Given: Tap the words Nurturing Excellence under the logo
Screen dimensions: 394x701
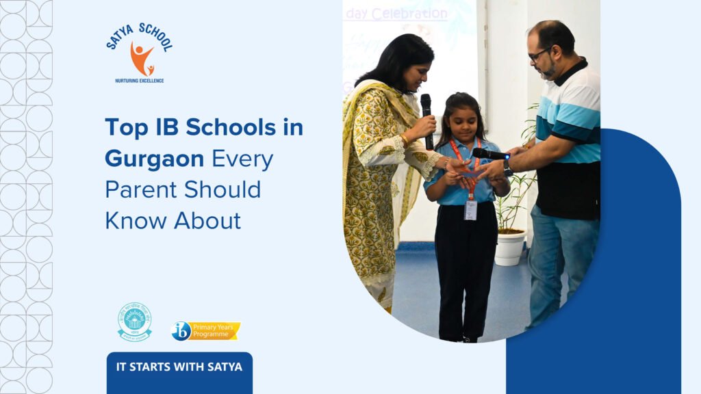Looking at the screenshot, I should click(140, 81).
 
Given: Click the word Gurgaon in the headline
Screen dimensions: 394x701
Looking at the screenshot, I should click(155, 159).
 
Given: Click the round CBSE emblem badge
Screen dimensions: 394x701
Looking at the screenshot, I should click(134, 321).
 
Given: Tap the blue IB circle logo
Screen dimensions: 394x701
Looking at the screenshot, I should click(181, 331).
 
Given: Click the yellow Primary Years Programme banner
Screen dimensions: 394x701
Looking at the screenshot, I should click(216, 331).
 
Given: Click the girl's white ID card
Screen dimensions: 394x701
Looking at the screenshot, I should click(470, 209).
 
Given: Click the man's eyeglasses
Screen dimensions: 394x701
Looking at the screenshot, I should click(539, 54).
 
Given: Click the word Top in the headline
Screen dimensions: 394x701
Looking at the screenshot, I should click(123, 127).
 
